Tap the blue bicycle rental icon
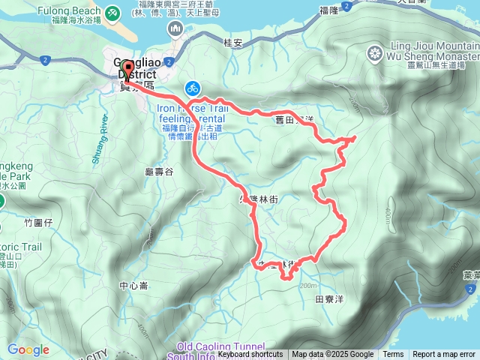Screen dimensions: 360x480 click(x=192, y=88)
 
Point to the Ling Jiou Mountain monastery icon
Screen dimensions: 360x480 click(x=374, y=53)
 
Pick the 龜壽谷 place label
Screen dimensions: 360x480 click(x=158, y=172)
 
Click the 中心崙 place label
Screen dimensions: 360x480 click(x=133, y=286)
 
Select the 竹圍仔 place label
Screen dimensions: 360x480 click(x=38, y=222)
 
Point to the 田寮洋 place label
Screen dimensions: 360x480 click(x=330, y=298)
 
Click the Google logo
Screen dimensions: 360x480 click(x=28, y=349)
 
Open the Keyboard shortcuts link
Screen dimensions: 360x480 click(x=250, y=355)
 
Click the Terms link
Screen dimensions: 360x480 click(x=393, y=355)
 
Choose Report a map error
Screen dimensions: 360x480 click(x=444, y=355)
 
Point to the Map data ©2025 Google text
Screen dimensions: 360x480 click(x=333, y=355)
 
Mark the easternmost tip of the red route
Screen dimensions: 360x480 click(x=354, y=137)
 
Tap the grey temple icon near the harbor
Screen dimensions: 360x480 click(x=174, y=28)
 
